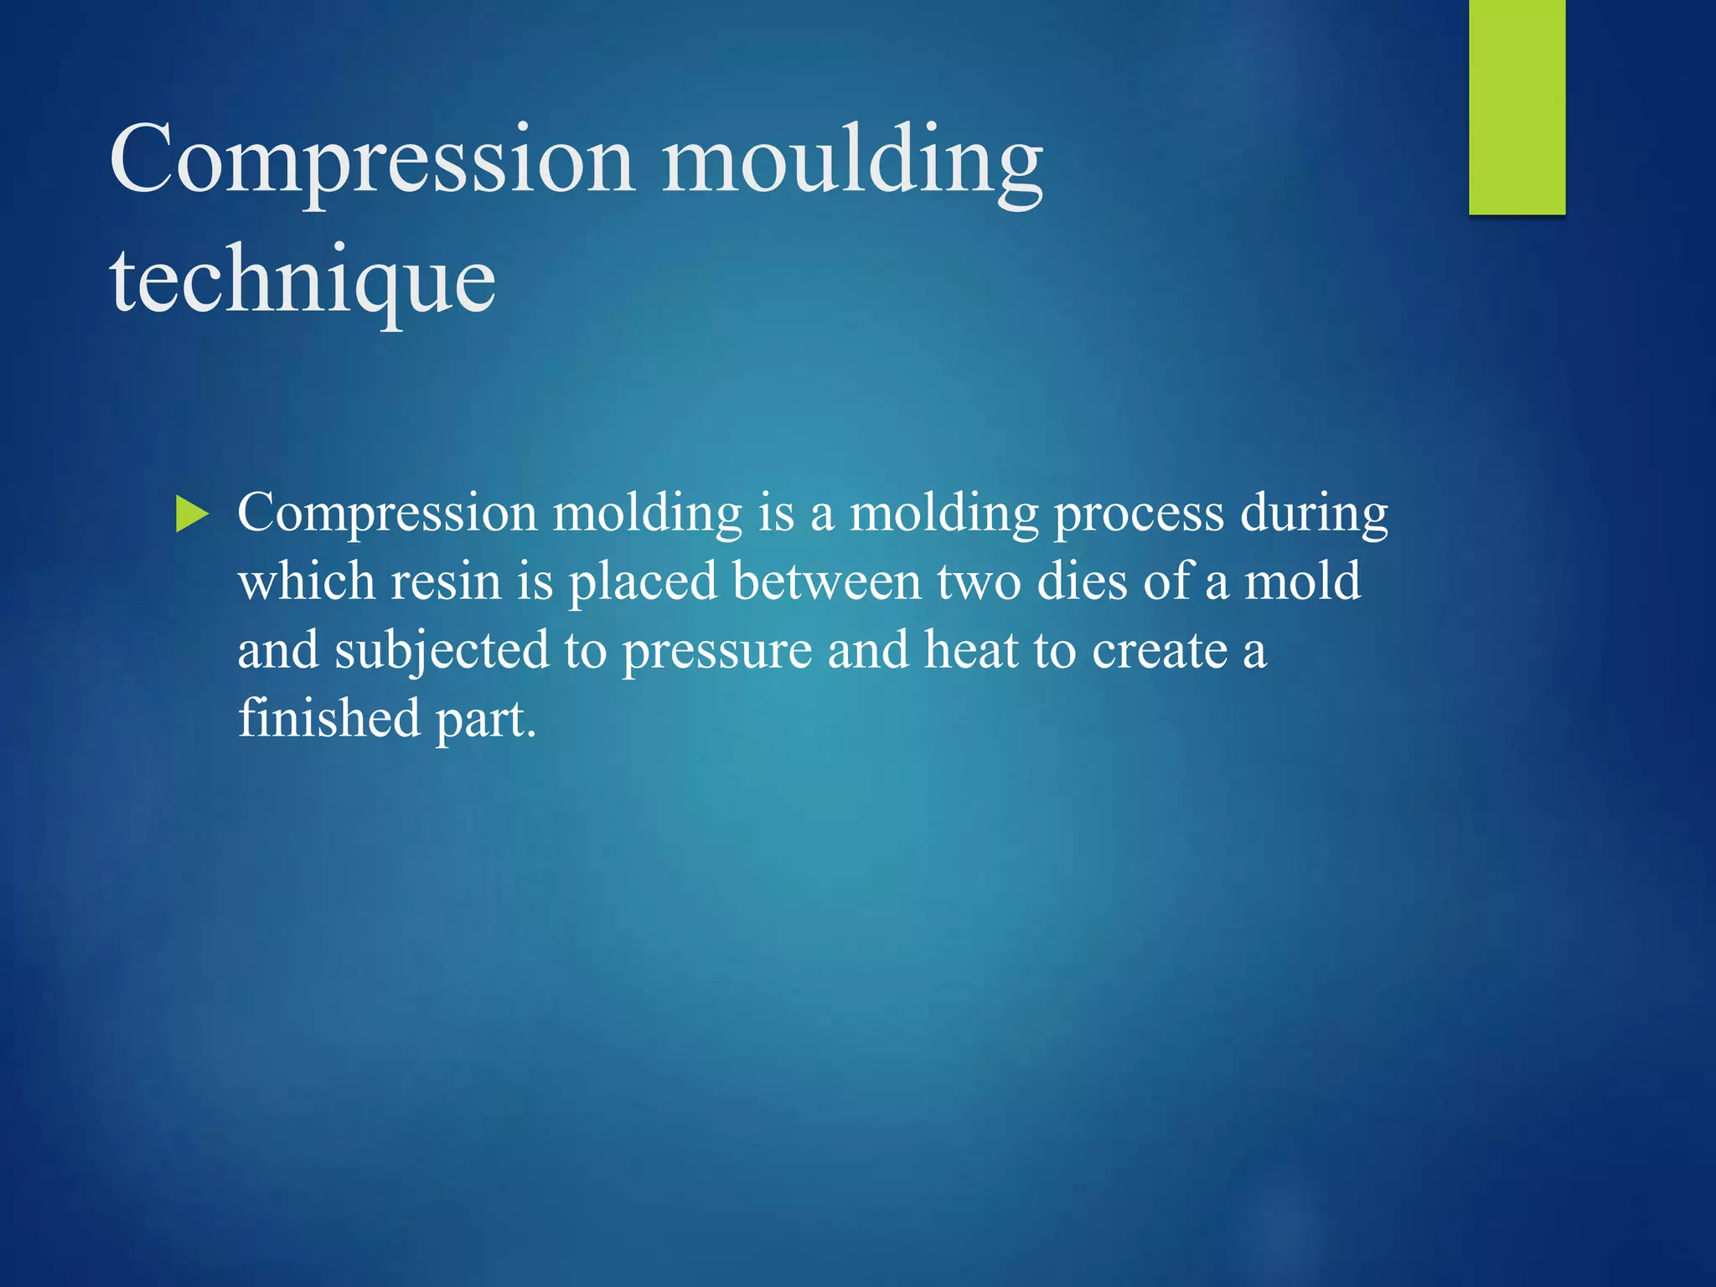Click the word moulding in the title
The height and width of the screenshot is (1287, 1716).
tap(852, 161)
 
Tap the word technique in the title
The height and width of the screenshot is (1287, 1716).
tap(302, 281)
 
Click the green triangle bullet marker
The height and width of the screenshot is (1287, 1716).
tap(192, 514)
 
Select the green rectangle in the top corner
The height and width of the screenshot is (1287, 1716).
tap(1517, 106)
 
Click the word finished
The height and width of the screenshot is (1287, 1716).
tap(328, 719)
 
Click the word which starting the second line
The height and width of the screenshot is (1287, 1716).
tap(306, 581)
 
